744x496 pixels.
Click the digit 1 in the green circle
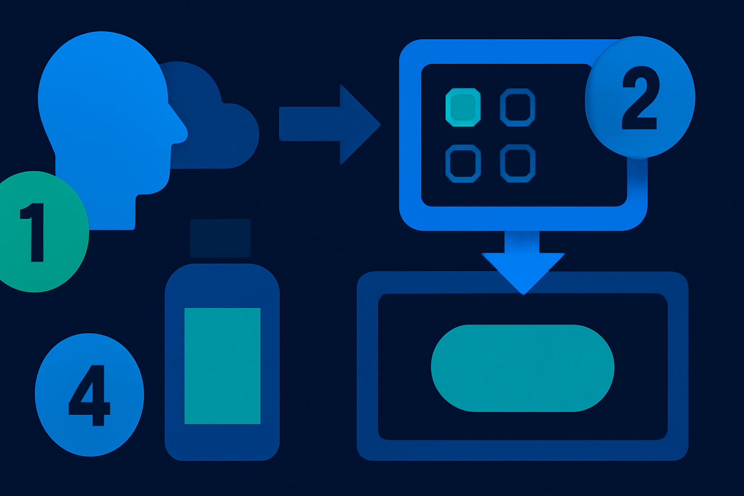point(34,232)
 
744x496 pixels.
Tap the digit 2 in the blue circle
point(639,97)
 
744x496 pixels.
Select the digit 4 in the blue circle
point(89,395)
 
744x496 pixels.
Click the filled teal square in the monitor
point(463,108)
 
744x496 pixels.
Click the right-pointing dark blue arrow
point(329,124)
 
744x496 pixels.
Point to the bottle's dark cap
point(220,238)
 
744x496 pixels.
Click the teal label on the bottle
point(222,366)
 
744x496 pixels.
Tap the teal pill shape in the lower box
point(523,368)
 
